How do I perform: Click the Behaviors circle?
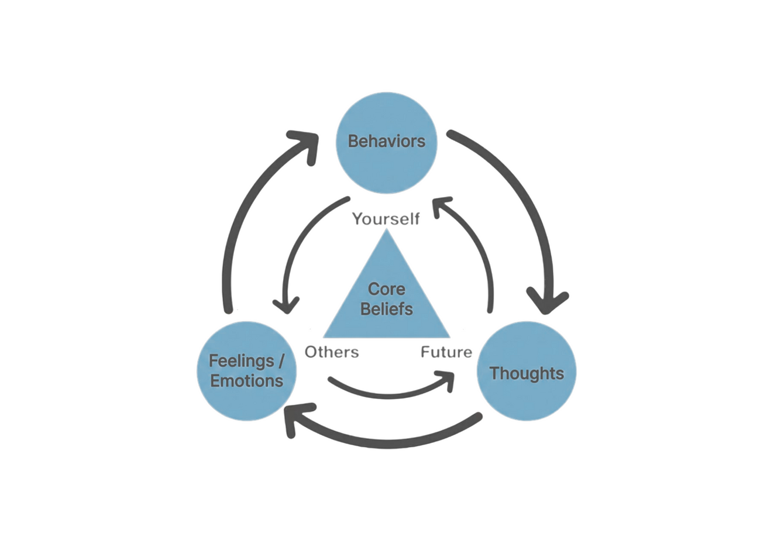[x=386, y=143]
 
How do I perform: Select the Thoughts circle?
[x=527, y=372]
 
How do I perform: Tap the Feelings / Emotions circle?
[x=246, y=371]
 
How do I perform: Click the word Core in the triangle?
[x=386, y=289]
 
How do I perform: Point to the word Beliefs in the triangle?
[x=386, y=309]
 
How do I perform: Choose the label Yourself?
[x=386, y=219]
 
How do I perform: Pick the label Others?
[x=332, y=352]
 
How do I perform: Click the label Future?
[x=446, y=352]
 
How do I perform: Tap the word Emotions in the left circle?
[x=246, y=381]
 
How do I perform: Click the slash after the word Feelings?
[x=281, y=360]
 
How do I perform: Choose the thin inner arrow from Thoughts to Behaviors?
[x=477, y=246]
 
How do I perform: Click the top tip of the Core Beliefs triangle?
[x=386, y=231]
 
